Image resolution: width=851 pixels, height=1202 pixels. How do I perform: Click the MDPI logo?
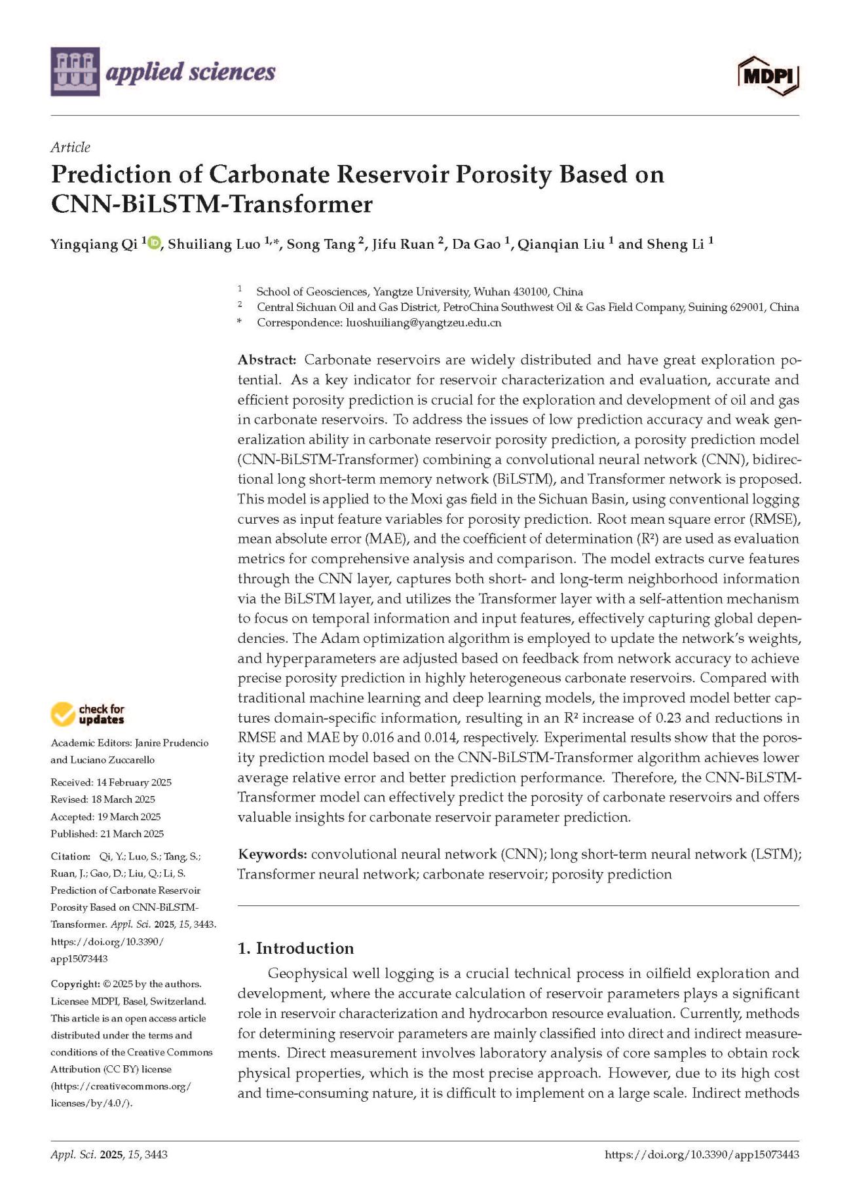[768, 76]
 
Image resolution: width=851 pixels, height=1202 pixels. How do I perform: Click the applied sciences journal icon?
[75, 71]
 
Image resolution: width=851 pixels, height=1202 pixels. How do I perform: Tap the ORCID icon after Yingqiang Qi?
[154, 244]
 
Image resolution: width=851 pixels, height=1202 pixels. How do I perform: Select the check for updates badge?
[87, 714]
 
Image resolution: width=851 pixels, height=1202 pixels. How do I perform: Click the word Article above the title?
[70, 147]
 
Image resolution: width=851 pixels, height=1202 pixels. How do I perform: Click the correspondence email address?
[423, 323]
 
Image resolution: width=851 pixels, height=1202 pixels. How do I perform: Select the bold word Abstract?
[267, 359]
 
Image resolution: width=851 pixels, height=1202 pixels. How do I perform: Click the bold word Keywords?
[272, 854]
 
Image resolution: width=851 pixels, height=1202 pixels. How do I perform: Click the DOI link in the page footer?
[702, 1155]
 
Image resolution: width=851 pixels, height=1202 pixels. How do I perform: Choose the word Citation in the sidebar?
[69, 856]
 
